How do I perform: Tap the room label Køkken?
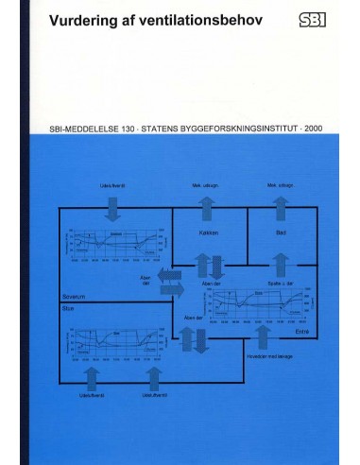[x=209, y=232]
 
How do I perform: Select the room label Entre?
[x=301, y=332]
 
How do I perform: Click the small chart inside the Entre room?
[x=258, y=304]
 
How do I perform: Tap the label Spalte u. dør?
[x=281, y=284]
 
